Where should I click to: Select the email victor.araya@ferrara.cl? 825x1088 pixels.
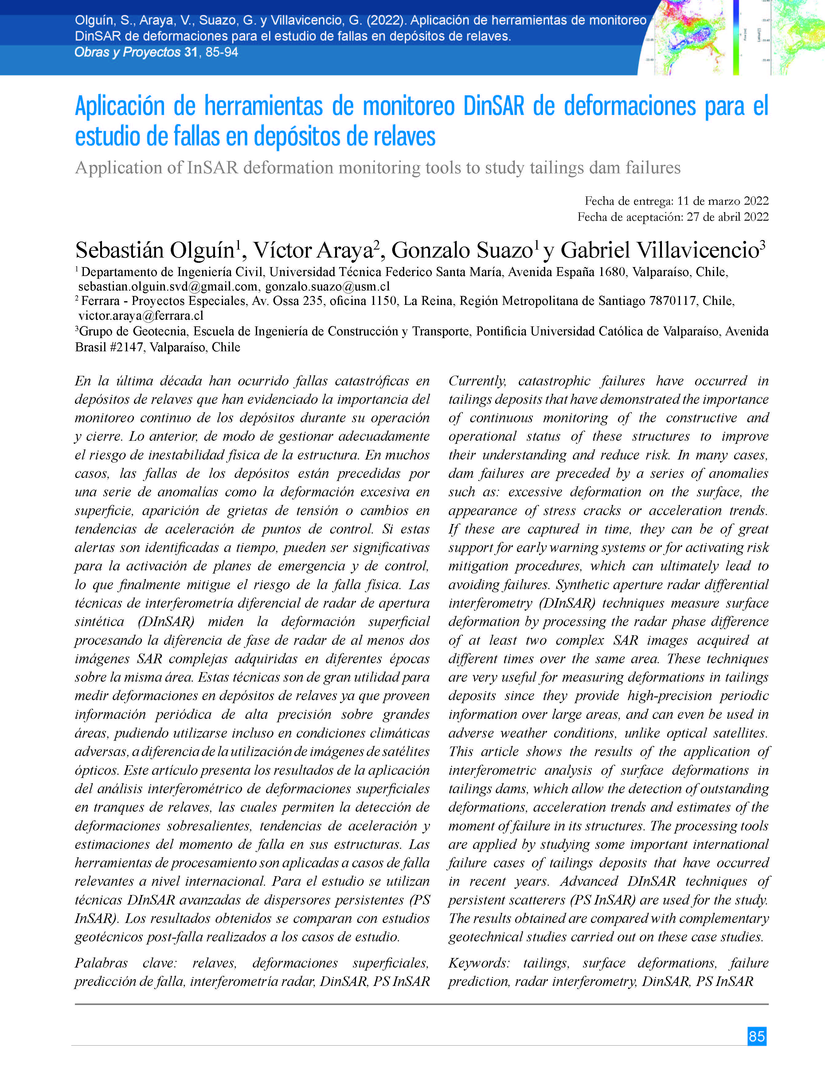pyautogui.click(x=141, y=315)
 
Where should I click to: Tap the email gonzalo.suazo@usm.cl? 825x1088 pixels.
pyautogui.click(x=327, y=286)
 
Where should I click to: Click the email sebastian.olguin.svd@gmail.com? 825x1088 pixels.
pyautogui.click(x=168, y=286)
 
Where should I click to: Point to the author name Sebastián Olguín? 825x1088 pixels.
pyautogui.click(x=155, y=250)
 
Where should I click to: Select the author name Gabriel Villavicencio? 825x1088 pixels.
pyautogui.click(x=659, y=250)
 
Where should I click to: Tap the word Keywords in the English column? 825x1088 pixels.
pyautogui.click(x=478, y=963)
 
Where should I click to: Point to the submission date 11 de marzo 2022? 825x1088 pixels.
pyautogui.click(x=722, y=201)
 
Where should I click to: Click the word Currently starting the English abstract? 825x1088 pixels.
pyautogui.click(x=477, y=381)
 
